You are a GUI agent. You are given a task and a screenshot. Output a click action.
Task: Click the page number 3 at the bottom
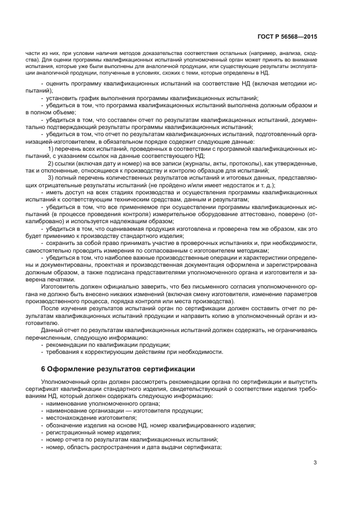tap(315, 463)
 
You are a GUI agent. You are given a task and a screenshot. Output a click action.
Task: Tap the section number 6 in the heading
tap(44, 369)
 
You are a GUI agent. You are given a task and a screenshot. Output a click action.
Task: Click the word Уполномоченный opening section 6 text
tap(67, 383)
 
